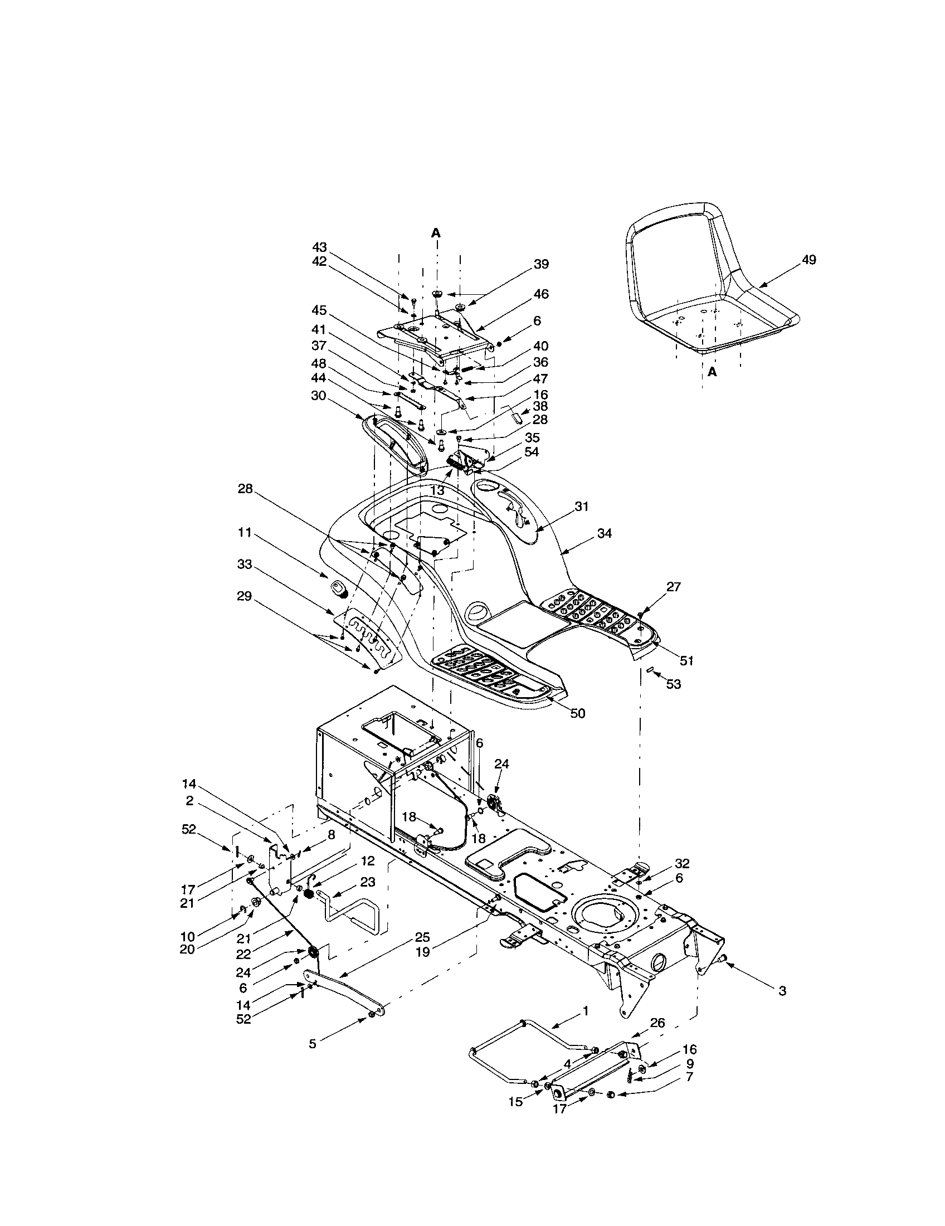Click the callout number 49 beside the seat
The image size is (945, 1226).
coord(809,259)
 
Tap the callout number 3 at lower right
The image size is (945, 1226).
coord(782,1007)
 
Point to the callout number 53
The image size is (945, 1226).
coord(673,684)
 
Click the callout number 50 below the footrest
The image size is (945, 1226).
coord(577,713)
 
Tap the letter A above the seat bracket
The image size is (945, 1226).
coord(436,232)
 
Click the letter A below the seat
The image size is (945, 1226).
coord(712,372)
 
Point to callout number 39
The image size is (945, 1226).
coord(541,264)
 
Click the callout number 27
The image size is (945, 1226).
coord(674,587)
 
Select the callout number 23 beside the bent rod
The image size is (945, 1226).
coord(368,882)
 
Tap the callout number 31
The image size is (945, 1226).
coord(582,507)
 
